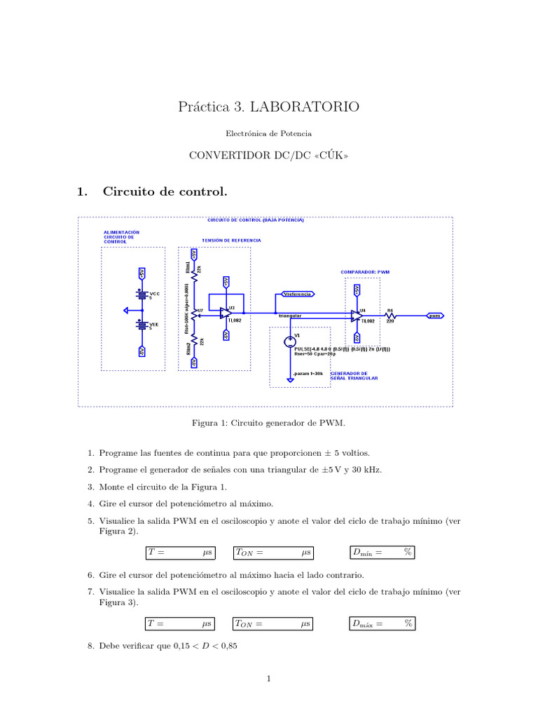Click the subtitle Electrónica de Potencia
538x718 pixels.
click(269, 133)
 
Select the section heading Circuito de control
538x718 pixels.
click(165, 191)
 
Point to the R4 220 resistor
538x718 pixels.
click(391, 315)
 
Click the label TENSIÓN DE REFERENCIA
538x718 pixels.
click(231, 241)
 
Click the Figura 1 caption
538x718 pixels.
click(268, 423)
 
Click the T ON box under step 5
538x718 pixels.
click(273, 553)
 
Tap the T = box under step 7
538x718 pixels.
click(180, 623)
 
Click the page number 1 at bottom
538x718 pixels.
click(269, 678)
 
